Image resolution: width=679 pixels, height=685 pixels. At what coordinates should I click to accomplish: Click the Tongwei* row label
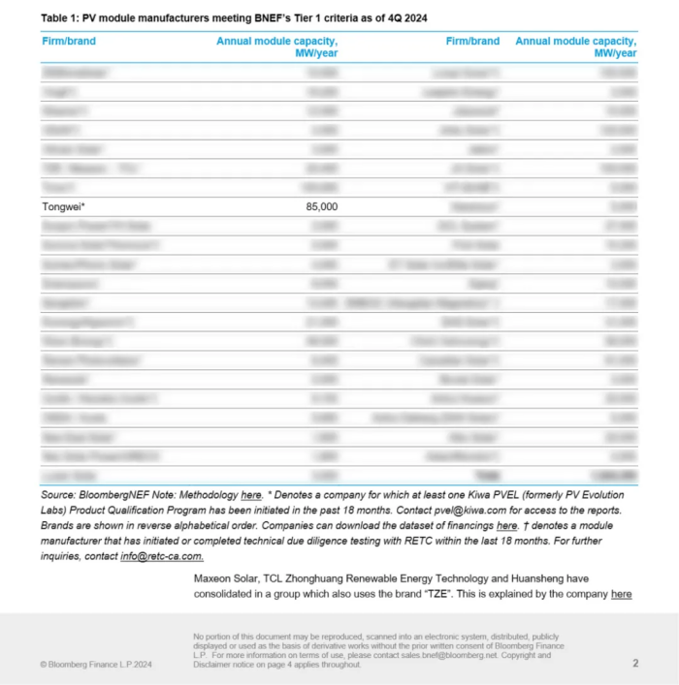point(63,206)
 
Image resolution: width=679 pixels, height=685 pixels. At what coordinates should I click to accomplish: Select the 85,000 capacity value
point(321,206)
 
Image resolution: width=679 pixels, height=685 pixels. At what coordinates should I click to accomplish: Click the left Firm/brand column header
point(69,41)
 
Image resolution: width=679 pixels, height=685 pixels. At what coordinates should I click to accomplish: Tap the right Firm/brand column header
point(472,41)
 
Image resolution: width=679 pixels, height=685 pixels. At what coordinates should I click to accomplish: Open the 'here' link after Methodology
point(251,495)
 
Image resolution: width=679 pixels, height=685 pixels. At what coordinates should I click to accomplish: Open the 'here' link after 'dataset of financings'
point(506,526)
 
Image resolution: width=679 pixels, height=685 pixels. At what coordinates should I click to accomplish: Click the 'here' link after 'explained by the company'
point(621,594)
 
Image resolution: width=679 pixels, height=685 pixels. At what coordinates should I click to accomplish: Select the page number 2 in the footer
point(635,664)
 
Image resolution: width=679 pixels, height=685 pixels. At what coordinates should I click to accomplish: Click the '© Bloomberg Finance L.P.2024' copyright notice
point(97,665)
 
